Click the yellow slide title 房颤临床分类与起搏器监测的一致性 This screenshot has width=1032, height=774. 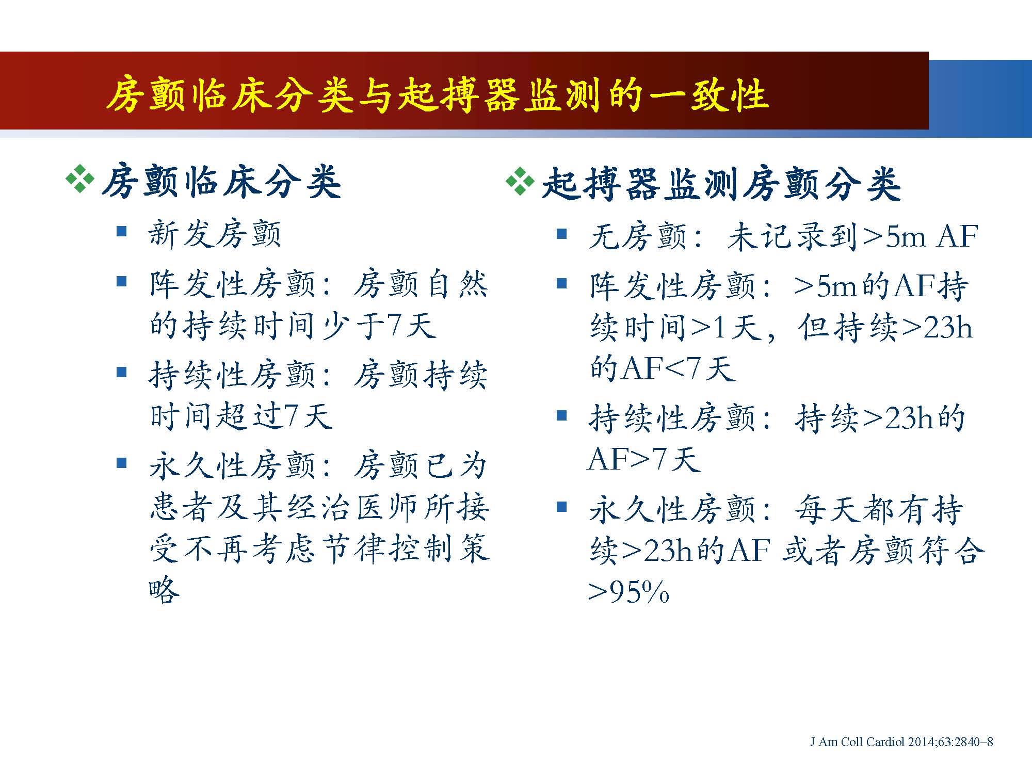437,95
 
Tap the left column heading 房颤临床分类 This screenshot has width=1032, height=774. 221,182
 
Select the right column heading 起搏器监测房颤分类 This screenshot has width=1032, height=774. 721,184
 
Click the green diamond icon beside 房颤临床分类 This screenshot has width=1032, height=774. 80,180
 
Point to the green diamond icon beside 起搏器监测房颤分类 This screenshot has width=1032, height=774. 520,181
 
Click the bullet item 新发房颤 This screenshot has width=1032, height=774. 215,234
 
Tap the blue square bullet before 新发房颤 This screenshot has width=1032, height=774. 122,231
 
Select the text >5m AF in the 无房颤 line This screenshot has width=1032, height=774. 920,237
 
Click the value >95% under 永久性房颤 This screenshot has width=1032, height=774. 628,592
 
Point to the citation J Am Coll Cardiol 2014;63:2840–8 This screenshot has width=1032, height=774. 901,742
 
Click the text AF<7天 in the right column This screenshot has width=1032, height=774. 678,368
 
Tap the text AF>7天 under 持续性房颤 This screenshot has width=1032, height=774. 644,459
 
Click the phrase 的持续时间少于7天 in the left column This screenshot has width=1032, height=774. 293,325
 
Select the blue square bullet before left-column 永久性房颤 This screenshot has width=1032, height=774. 122,463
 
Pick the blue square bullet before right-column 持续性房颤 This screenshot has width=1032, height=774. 562,415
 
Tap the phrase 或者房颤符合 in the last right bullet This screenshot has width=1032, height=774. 883,551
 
